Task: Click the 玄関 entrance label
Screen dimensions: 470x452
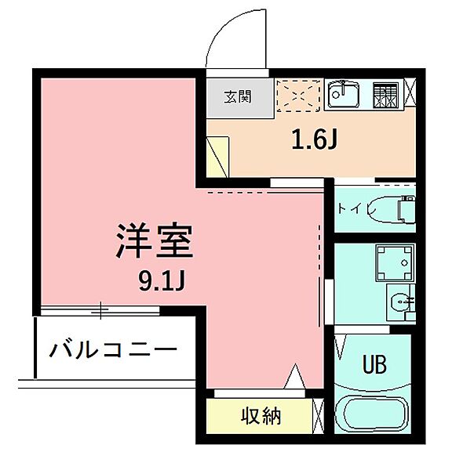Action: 239,98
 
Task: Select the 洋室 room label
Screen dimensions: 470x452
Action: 154,242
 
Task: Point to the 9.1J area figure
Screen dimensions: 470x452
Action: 161,280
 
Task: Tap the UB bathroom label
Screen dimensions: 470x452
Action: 374,365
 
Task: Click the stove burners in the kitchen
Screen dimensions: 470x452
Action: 385,96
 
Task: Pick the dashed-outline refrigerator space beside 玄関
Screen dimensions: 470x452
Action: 297,97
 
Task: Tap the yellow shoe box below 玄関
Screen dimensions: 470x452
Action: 217,156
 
